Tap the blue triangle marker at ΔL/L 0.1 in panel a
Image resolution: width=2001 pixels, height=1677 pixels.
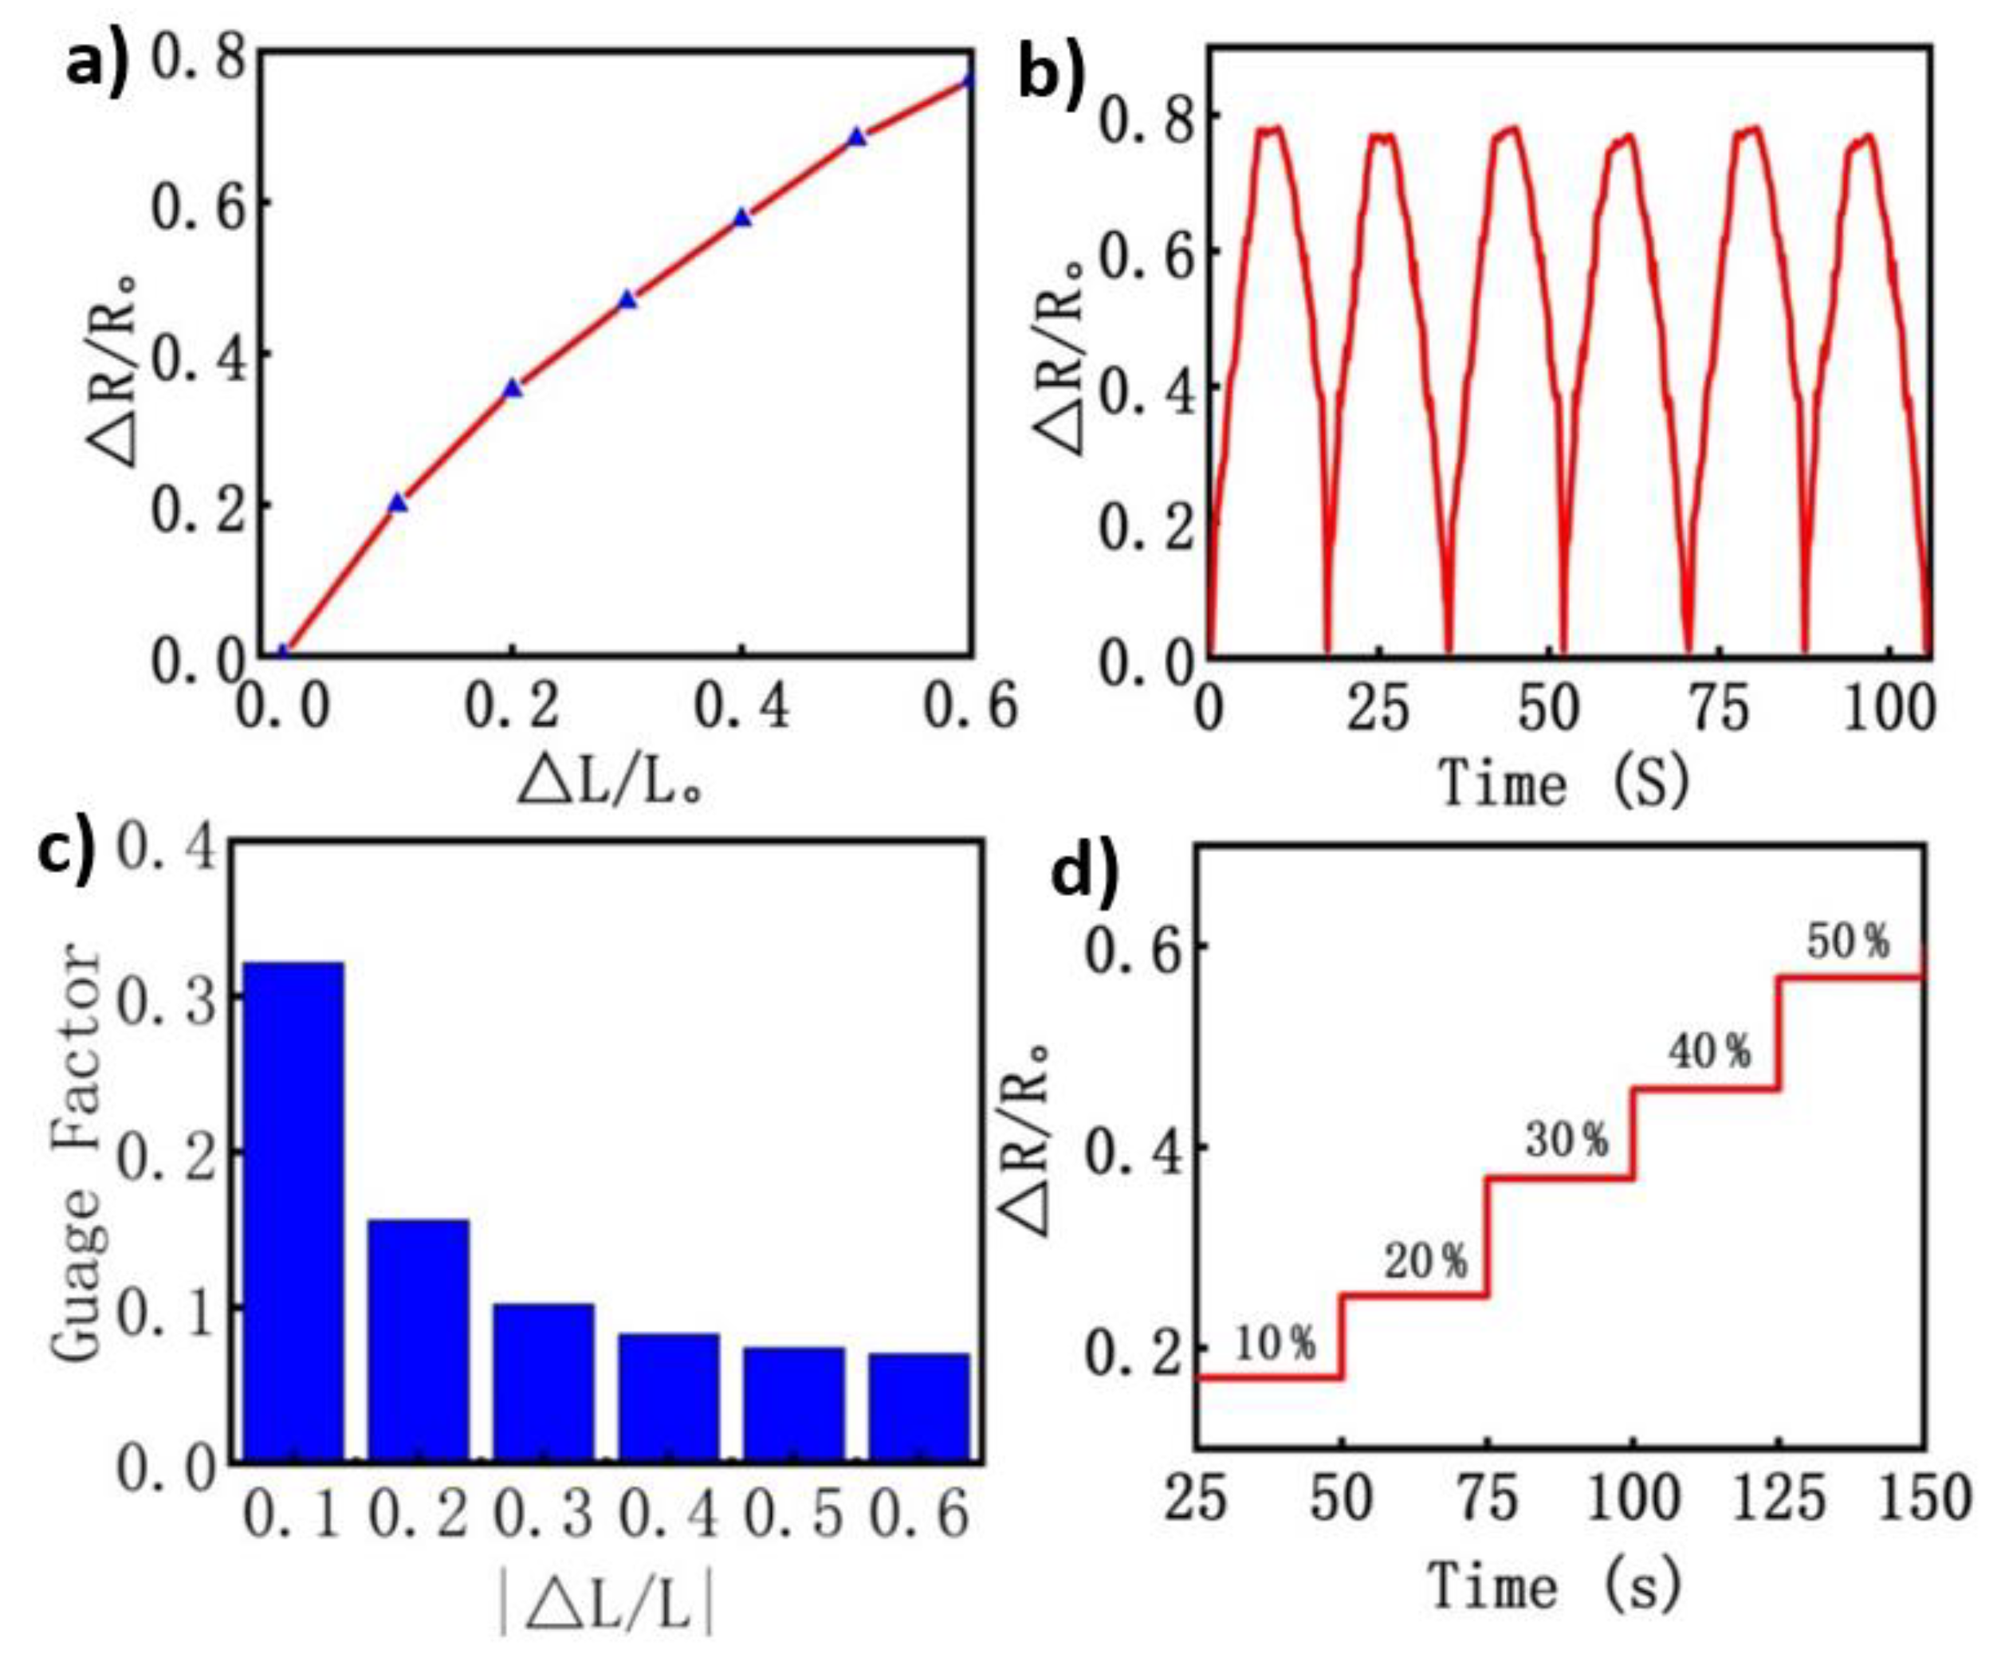(x=399, y=503)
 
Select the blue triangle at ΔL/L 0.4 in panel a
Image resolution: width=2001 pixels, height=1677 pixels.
(x=742, y=218)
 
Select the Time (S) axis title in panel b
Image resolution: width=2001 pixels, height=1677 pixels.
(x=1563, y=784)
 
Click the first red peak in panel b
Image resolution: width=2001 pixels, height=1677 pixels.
(x=1270, y=131)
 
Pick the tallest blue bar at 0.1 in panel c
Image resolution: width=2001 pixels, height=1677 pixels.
(x=293, y=1210)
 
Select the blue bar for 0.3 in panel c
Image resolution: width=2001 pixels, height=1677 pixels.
(x=543, y=1381)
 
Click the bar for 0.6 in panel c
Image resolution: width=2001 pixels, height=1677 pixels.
(x=919, y=1406)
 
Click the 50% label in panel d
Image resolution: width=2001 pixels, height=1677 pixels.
(x=1849, y=942)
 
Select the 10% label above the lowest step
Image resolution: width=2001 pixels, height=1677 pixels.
(x=1275, y=1344)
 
